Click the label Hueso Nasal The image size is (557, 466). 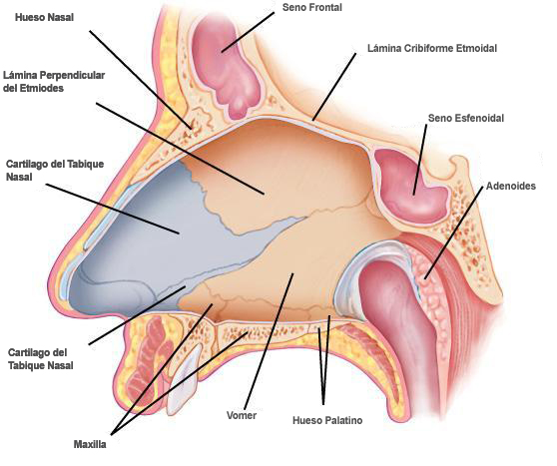44,17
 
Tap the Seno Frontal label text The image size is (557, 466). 312,7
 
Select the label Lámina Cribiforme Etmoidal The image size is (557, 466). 432,48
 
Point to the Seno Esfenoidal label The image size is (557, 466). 466,118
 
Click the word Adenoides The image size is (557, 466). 511,186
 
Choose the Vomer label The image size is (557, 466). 242,415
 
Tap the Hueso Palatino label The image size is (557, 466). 327,420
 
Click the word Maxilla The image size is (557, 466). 90,444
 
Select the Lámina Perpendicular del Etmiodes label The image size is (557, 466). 54,82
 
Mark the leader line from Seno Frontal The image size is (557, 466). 248,32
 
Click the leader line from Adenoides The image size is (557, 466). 453,233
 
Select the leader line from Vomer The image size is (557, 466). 269,341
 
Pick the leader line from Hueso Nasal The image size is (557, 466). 141,79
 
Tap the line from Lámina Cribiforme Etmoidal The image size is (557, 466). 334,87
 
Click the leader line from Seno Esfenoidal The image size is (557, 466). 420,160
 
